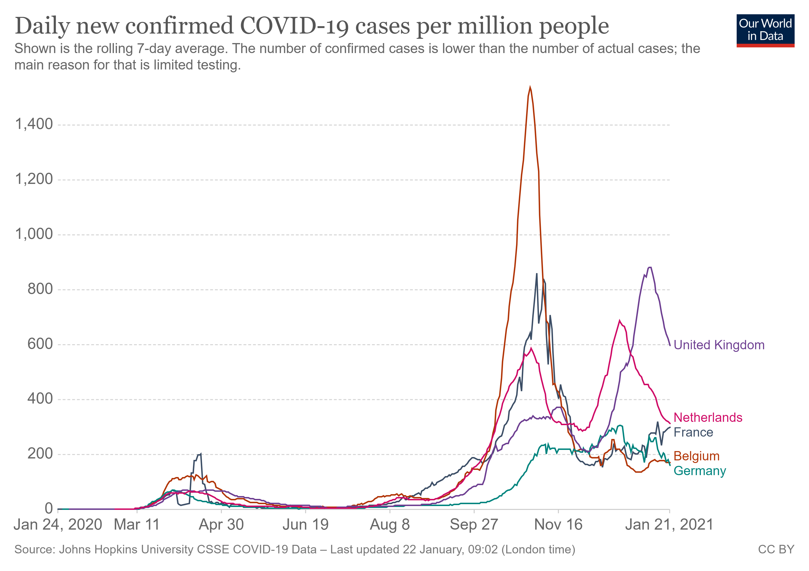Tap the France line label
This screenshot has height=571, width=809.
[x=693, y=432]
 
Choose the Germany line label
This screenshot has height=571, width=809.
[x=699, y=471]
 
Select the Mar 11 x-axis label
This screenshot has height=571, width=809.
[x=137, y=525]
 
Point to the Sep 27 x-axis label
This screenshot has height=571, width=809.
[x=474, y=525]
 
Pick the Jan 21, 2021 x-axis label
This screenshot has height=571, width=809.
[x=669, y=525]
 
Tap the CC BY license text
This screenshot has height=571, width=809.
[x=776, y=550]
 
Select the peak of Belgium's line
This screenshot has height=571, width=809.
[x=530, y=87]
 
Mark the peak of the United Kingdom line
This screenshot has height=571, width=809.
[x=650, y=267]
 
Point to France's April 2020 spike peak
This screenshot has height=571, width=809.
[x=201, y=454]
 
